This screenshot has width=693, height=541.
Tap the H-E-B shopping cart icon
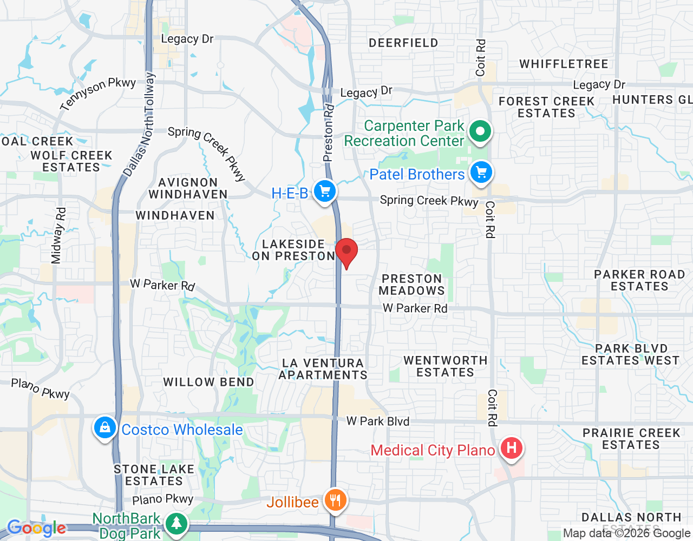325,192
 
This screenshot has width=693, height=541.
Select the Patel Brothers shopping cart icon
481,173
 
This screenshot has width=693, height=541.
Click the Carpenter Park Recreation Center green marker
480,131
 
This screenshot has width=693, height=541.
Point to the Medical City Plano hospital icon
511,448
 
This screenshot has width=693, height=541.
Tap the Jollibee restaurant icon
335,500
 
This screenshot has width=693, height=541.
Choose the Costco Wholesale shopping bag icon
104,428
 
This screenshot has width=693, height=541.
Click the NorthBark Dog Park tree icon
176,523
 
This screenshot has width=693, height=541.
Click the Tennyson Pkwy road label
98,93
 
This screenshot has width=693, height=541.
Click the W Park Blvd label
377,421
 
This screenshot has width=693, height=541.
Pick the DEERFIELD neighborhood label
403,43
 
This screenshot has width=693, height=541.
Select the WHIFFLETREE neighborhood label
564,64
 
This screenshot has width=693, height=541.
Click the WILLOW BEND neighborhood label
208,382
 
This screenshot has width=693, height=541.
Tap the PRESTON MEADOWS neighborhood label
411,285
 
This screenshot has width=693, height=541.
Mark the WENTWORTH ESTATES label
445,366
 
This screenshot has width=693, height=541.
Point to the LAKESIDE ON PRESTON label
293,250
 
